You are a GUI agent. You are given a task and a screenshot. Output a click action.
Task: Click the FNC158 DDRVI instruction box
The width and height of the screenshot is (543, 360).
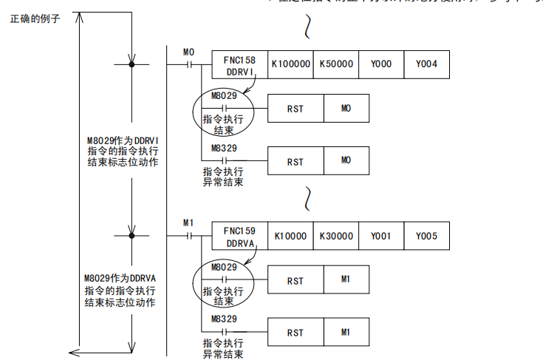coord(239,64)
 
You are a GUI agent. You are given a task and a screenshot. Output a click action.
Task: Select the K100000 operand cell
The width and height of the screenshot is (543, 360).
coord(290,64)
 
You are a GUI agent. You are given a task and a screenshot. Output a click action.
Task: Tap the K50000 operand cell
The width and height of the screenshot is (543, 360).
coord(336,64)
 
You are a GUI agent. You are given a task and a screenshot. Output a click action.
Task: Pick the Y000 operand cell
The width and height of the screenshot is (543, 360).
coord(380,64)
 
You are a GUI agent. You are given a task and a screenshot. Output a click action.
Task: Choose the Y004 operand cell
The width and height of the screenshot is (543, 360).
coord(426,64)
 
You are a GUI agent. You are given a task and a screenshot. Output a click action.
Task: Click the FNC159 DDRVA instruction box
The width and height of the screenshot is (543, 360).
coord(239,236)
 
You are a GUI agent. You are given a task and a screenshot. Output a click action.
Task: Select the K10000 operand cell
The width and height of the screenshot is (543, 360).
coord(290,236)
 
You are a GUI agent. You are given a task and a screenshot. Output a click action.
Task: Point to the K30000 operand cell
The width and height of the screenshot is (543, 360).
coord(336,236)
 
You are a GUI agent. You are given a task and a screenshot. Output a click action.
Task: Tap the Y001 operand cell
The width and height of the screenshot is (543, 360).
coord(380,236)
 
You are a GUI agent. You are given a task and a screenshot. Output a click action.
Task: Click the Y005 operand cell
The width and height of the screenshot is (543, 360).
coord(426,236)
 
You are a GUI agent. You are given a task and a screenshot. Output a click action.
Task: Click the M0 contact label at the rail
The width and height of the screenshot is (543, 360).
coord(188,52)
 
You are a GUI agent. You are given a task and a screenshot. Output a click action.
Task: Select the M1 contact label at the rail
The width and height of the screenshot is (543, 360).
coord(188,223)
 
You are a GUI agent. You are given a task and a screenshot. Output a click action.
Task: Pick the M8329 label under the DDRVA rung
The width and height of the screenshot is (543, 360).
coord(223,319)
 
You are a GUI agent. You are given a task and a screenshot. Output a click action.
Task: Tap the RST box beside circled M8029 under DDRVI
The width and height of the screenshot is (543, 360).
coord(295,109)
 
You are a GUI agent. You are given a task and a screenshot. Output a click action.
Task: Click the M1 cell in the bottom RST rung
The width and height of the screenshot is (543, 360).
coord(346,333)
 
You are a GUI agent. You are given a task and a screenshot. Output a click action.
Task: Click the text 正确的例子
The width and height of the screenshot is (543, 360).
coord(35,18)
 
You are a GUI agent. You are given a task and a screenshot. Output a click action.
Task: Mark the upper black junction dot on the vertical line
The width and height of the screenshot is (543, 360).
coord(132,65)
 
